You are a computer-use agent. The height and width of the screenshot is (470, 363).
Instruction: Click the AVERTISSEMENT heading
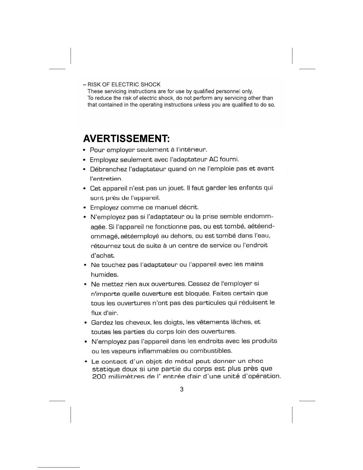point(126,139)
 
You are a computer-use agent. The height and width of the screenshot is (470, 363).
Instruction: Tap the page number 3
point(181,389)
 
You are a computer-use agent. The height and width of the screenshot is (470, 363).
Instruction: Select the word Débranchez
point(108,169)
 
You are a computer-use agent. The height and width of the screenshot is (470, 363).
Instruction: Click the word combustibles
point(211,351)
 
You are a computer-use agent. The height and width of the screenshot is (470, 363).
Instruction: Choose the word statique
point(106,369)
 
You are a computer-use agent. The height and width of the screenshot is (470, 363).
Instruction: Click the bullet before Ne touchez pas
point(85,265)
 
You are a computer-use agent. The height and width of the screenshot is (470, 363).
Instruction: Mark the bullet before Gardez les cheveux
point(85,323)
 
